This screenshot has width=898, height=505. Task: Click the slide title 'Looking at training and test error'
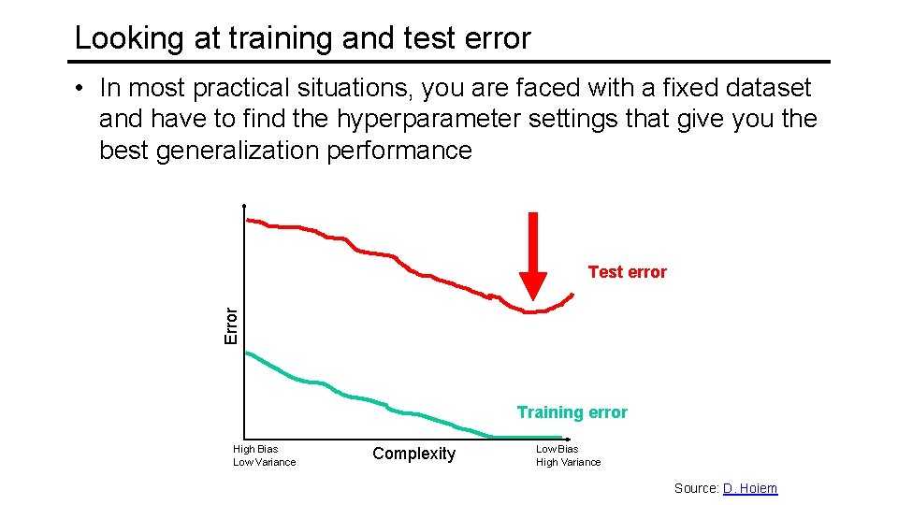tap(302, 38)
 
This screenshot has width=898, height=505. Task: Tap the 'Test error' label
tap(627, 272)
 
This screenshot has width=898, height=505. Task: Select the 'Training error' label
tap(572, 412)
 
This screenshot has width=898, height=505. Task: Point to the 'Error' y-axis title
tap(231, 325)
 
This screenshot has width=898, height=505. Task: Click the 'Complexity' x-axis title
tap(413, 454)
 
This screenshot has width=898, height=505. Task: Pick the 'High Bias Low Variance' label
tap(264, 455)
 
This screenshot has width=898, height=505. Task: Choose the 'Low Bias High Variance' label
tap(568, 455)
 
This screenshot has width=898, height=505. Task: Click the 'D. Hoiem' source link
tap(749, 488)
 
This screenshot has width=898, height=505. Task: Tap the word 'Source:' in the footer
tap(696, 488)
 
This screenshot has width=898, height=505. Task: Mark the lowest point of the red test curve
tap(530, 311)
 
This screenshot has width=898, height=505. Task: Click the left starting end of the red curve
tap(248, 220)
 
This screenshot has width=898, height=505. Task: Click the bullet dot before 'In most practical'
tap(82, 88)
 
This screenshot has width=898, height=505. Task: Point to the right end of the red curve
tap(572, 294)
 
